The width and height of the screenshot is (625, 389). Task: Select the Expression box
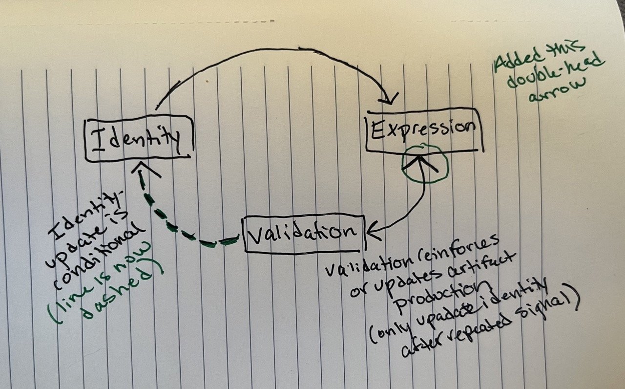pyautogui.click(x=424, y=130)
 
